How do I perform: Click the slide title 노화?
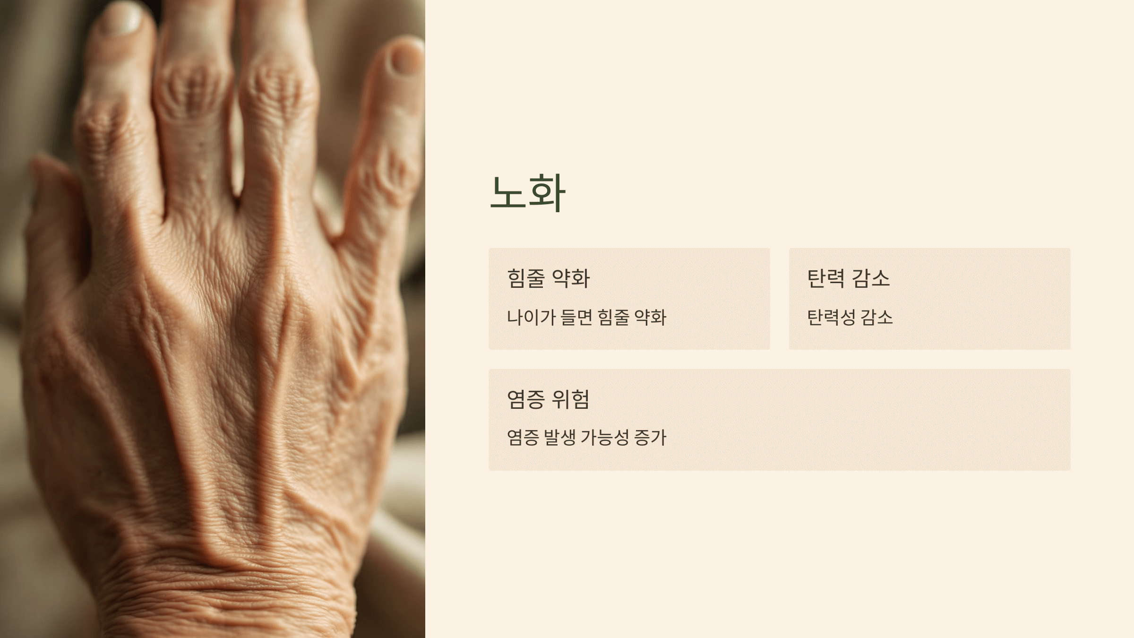click(527, 192)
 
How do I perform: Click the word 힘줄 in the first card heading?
click(526, 278)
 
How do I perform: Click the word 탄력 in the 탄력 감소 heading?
click(826, 278)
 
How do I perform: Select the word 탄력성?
click(831, 317)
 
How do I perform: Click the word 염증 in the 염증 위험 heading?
click(526, 399)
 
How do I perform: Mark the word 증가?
click(650, 438)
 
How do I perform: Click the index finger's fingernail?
click(122, 20)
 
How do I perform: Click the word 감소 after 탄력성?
click(877, 317)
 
